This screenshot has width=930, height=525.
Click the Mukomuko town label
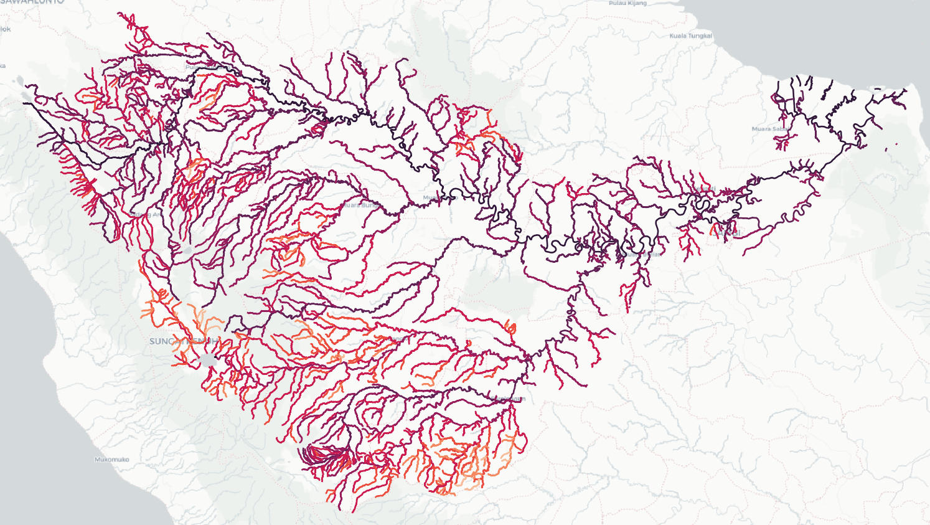112,460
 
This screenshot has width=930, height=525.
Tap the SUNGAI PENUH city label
185,341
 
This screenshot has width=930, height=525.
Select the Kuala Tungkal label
690,35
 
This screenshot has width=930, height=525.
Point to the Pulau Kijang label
627,4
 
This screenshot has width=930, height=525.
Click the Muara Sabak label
770,129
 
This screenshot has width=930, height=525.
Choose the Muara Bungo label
360,205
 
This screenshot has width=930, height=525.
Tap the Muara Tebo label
439,198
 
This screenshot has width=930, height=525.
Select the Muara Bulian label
641,254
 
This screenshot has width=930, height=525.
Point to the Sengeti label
707,189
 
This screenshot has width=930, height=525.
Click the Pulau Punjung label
199,67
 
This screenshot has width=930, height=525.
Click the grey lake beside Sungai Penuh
208,361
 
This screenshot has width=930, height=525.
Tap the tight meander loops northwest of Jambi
703,208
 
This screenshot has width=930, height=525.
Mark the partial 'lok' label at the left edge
6,29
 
